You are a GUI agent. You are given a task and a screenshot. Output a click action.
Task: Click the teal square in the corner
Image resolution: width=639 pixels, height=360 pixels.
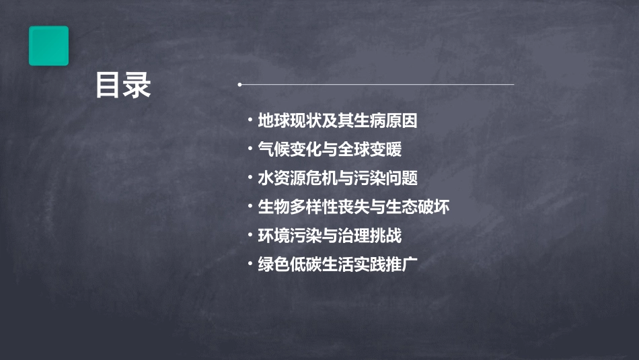pos(48,46)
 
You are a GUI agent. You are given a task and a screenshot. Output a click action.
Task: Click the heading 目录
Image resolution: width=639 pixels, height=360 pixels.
pos(123,86)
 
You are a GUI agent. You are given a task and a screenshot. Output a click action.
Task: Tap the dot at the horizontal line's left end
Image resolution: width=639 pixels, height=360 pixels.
pos(239,85)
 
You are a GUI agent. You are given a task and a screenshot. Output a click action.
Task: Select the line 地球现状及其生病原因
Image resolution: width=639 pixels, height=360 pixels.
pos(338,121)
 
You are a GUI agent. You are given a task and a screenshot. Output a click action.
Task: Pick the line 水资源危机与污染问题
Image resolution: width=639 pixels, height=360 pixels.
pos(338,178)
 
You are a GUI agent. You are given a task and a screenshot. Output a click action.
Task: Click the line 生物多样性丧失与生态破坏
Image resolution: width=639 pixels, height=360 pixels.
pos(354,207)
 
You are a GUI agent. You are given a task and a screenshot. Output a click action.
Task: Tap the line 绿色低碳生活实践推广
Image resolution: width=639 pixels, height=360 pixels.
pos(338,264)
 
